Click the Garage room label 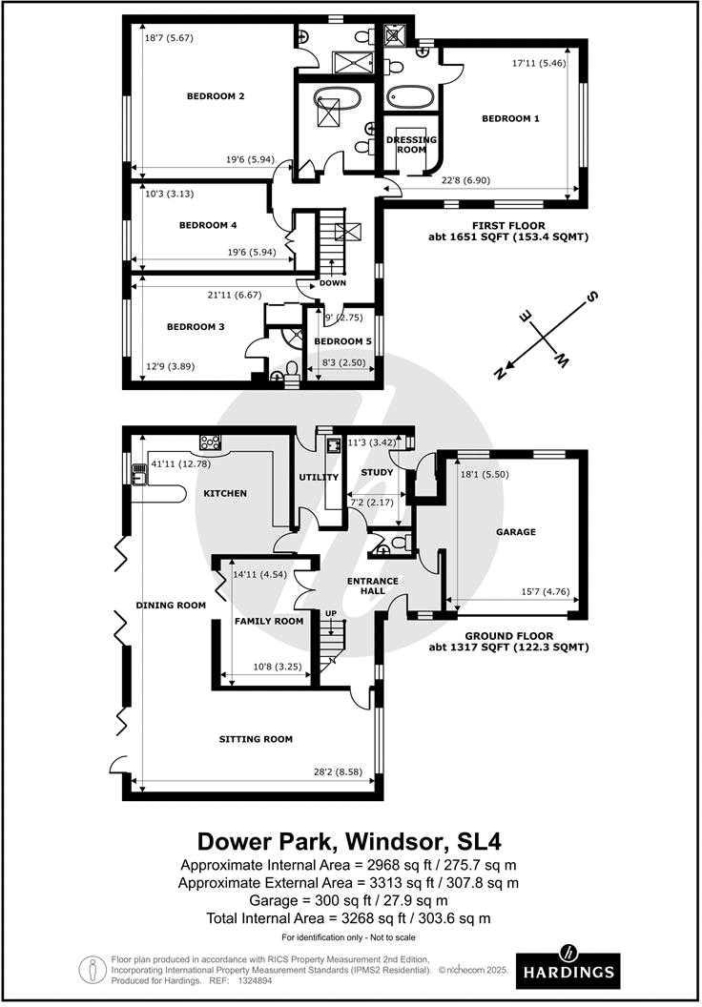tap(516, 532)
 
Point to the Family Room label tap(269, 621)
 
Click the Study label tap(377, 472)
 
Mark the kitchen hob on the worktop tap(209, 442)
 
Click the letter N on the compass tap(499, 374)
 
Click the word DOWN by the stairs tap(333, 283)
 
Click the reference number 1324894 tap(254, 980)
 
